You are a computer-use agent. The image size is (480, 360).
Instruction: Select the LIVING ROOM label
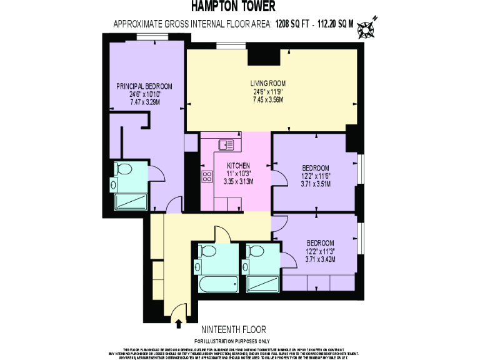click(267, 83)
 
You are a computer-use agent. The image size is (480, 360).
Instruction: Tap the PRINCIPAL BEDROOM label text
click(144, 86)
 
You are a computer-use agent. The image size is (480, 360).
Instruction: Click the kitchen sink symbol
click(226, 145)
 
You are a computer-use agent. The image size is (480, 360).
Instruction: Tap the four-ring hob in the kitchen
click(207, 177)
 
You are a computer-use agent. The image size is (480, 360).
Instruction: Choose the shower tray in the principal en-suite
click(130, 202)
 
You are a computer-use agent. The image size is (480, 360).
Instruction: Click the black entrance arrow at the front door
click(180, 323)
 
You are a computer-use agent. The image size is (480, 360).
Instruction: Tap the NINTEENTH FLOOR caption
click(234, 329)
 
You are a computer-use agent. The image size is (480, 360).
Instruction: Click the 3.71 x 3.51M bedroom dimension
click(316, 184)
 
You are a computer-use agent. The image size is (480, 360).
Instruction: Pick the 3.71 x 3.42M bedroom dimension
click(319, 259)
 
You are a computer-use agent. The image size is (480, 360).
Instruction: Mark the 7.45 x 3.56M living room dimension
click(267, 99)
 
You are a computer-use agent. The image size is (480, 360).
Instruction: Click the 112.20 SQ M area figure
click(336, 24)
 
